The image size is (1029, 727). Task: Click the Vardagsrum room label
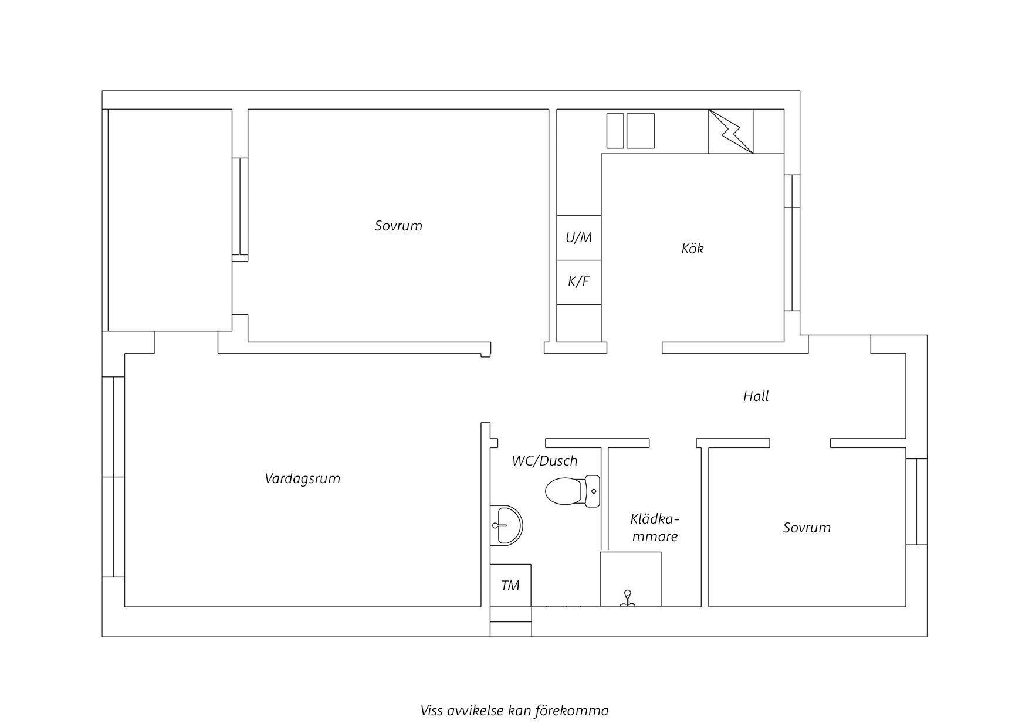(x=302, y=478)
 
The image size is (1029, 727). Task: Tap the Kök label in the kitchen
(x=692, y=248)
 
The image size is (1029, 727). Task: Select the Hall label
(x=756, y=396)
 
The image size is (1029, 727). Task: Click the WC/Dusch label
(x=544, y=461)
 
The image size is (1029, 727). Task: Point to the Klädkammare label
(x=655, y=528)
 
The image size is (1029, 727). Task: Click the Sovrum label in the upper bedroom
(x=398, y=226)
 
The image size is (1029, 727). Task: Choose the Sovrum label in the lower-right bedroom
(x=807, y=528)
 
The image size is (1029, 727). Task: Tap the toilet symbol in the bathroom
(x=573, y=491)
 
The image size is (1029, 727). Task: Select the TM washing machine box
(x=510, y=585)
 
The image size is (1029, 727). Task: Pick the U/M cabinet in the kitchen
(x=579, y=237)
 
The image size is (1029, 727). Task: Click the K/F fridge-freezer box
(x=579, y=282)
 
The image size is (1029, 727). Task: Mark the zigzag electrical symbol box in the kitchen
(x=731, y=132)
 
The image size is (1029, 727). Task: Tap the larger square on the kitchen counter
(x=641, y=131)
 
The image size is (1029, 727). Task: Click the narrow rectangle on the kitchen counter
(x=615, y=131)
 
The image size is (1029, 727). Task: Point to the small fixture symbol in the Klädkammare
(x=628, y=598)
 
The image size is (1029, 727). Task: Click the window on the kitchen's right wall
(x=792, y=242)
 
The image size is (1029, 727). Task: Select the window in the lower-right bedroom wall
(x=916, y=502)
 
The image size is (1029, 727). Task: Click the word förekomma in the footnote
(x=571, y=711)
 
